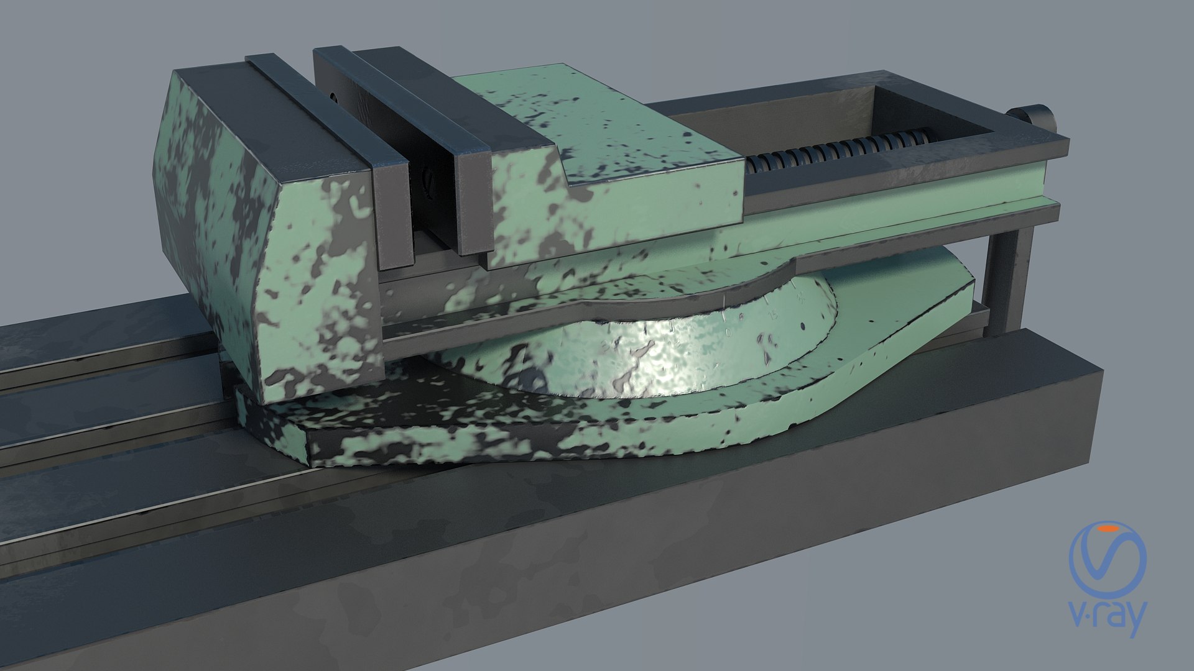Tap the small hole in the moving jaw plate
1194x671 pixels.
point(334,97)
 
